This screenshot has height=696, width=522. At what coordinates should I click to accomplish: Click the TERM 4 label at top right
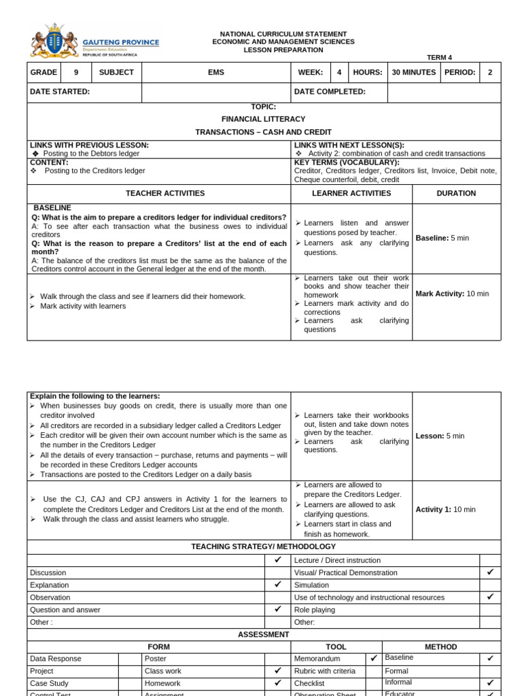click(x=438, y=58)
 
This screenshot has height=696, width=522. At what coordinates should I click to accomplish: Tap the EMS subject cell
click(x=215, y=73)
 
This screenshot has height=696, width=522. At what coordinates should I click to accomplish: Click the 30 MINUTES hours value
click(x=414, y=73)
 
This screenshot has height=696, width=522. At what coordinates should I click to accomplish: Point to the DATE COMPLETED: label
click(x=330, y=92)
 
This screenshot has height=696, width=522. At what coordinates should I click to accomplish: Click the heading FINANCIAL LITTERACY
click(x=263, y=119)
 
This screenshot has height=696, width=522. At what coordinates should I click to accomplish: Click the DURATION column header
click(x=456, y=194)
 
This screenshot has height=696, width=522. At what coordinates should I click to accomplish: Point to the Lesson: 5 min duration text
click(x=440, y=436)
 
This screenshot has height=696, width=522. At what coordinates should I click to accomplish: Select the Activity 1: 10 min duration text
click(x=445, y=509)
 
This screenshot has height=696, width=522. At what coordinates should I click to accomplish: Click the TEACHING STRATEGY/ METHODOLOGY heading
click(x=263, y=546)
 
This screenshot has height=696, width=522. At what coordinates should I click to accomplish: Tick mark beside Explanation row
click(x=277, y=585)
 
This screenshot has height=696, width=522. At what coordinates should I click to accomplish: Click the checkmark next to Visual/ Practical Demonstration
click(x=490, y=572)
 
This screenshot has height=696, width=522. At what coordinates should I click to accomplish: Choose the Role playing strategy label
click(x=315, y=610)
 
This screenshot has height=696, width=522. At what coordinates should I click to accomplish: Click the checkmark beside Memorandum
click(x=373, y=659)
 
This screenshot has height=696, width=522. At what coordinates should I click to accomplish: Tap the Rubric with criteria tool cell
click(x=324, y=671)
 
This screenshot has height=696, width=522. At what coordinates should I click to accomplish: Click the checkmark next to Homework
click(x=277, y=683)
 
